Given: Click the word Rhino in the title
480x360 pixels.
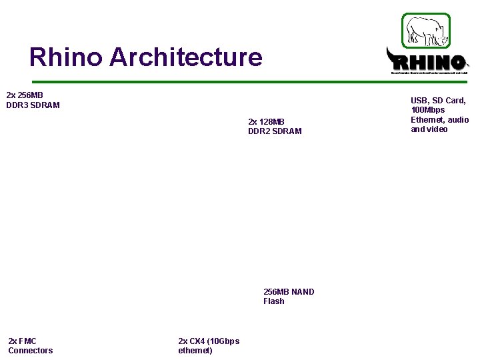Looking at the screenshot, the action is coord(65,57).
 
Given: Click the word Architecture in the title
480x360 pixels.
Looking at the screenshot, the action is coord(186,57).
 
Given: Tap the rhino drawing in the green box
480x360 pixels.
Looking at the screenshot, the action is coord(426,30).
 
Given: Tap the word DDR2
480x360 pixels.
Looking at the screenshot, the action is coord(259,131).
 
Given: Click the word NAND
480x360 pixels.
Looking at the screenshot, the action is coord(303,292).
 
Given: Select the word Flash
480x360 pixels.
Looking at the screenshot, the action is coord(274,301).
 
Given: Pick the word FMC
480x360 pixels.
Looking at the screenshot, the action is coord(27,341).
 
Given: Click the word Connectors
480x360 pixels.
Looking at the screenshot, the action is coord(31,351).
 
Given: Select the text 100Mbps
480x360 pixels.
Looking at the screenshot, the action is coord(428,110).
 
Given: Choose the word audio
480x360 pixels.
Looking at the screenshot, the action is coord(458,120).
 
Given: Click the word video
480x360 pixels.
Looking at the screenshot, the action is coord(437,129).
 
